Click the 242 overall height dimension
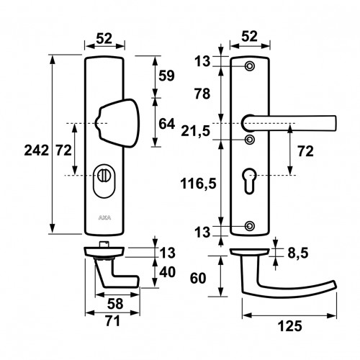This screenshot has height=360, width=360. pos(36,150)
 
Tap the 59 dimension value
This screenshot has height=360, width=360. pos(166,76)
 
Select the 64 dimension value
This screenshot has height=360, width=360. pos(166,124)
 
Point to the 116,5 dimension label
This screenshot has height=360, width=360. pos(198,184)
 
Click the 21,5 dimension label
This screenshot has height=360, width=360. pos(195,131)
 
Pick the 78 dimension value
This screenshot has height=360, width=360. pos(202,94)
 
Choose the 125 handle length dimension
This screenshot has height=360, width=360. pos(289,326)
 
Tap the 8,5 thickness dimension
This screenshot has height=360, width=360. pos(298,253)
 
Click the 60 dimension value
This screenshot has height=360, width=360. pos(198,279)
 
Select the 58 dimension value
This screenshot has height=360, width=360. pos(115,304)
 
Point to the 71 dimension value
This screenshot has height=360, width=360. pos(113,321)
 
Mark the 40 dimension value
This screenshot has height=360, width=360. pos(167,272)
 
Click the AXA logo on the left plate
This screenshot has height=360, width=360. pos(104,218)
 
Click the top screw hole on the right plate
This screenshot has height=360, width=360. pos(250,66)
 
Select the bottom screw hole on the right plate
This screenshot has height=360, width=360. pos(250,226)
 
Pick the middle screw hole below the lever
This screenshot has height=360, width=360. pos(250,140)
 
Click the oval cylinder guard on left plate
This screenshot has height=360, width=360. pos(104,181)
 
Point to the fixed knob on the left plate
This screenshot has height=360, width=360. pos(117,123)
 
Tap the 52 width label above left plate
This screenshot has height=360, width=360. pos(104,38)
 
